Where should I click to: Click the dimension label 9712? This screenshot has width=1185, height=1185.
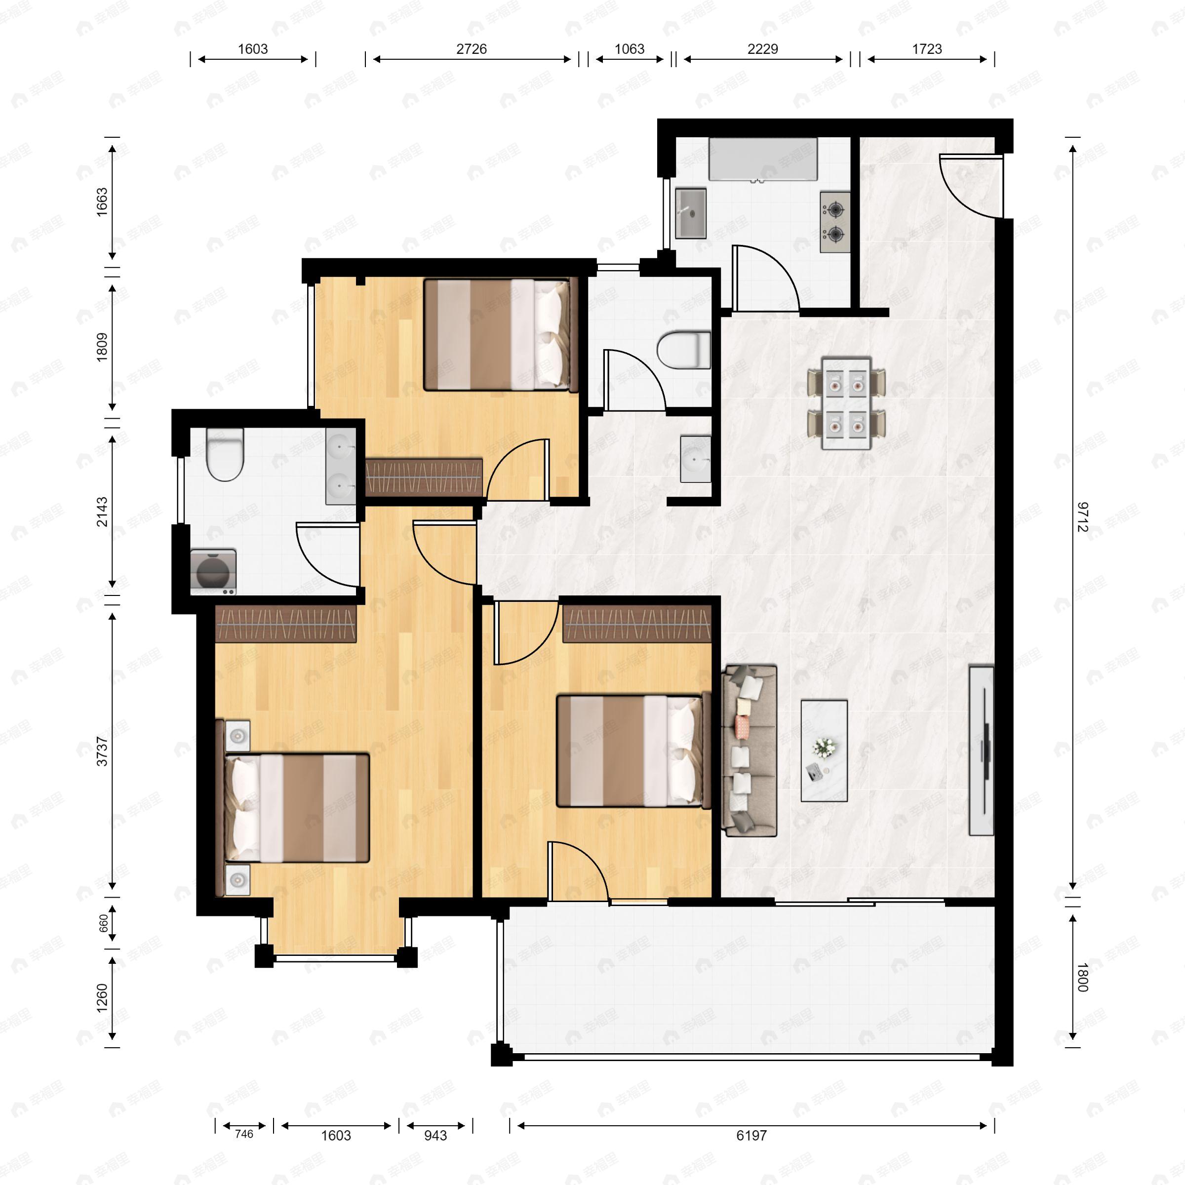pyautogui.click(x=1083, y=517)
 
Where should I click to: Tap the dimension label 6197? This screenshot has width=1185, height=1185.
pyautogui.click(x=751, y=1135)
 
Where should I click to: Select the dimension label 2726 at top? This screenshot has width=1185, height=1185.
pyautogui.click(x=471, y=49)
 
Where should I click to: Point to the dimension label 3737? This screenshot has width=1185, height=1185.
pyautogui.click(x=102, y=751)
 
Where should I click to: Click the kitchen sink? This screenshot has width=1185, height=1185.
pyautogui.click(x=691, y=213)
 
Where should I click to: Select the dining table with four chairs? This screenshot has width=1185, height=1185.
pyautogui.click(x=846, y=403)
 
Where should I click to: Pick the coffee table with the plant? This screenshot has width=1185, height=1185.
pyautogui.click(x=824, y=751)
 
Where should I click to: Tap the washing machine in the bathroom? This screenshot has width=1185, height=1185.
pyautogui.click(x=213, y=572)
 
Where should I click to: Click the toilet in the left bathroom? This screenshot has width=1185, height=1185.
pyautogui.click(x=225, y=454)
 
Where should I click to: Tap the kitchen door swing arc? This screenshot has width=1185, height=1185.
pyautogui.click(x=767, y=277)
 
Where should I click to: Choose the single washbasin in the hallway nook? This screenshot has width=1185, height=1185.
pyautogui.click(x=696, y=459)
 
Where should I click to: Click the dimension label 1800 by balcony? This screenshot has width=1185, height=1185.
pyautogui.click(x=1083, y=977)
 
